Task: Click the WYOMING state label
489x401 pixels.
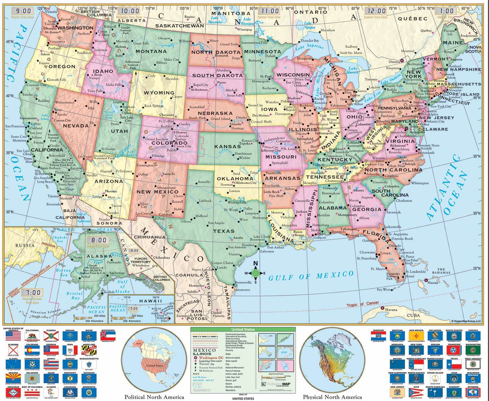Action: [x=159, y=93]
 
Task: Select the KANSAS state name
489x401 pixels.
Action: [x=227, y=147]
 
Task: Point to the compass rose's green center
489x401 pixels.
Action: [x=256, y=273]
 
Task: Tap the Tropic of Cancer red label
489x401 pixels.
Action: [x=363, y=304]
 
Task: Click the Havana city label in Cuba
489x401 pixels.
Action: [x=391, y=310]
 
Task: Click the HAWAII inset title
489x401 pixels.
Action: [x=150, y=301]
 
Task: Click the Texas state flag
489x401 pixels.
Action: [x=454, y=365]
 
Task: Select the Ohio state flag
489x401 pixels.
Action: [x=416, y=392]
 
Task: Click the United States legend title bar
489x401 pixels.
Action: [x=243, y=329]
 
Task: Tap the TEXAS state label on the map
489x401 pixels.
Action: [x=224, y=231]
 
